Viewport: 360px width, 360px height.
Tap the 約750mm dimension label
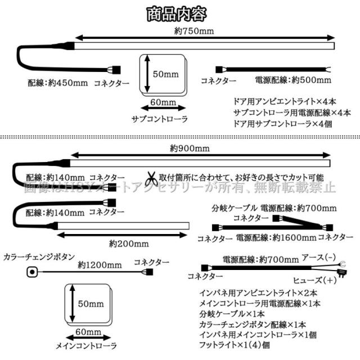(194, 31)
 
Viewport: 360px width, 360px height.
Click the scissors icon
(151, 179)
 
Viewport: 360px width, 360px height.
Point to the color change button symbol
(32, 273)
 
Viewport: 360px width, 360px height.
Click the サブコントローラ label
(159, 119)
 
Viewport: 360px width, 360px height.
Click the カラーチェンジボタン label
(37, 256)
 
